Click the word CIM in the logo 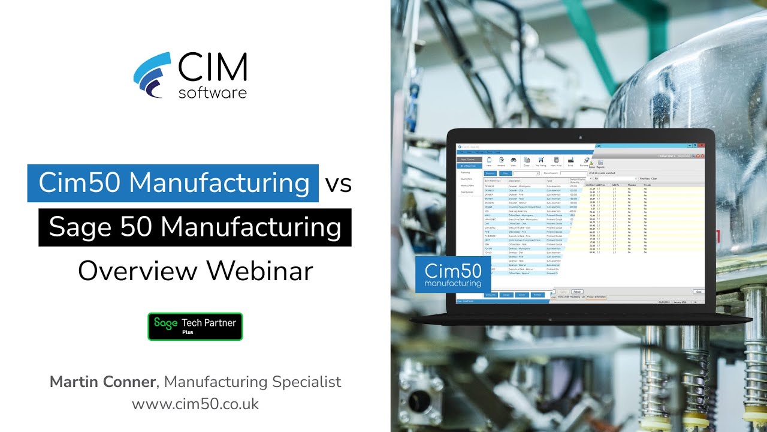213,68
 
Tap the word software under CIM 213,92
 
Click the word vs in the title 338,183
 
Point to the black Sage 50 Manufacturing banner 195,227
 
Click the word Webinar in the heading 260,271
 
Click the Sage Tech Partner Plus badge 195,326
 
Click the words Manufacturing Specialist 252,382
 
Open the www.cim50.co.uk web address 195,404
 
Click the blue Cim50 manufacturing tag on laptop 452,275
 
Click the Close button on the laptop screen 698,292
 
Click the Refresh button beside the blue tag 576,292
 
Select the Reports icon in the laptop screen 600,164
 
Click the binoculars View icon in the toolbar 514,161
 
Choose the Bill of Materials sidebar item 469,166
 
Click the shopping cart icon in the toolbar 540,161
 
